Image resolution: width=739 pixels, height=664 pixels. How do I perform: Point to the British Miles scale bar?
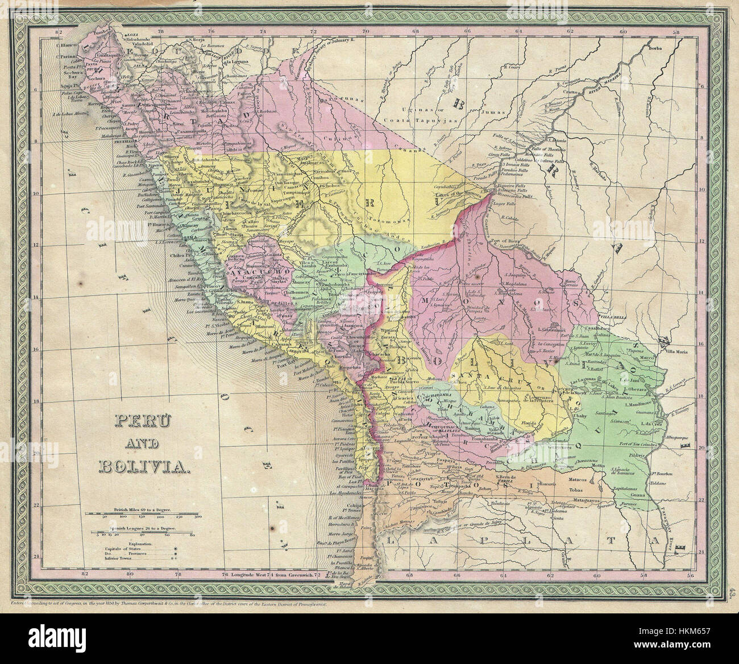142,514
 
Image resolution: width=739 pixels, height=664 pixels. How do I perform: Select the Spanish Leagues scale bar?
142,531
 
